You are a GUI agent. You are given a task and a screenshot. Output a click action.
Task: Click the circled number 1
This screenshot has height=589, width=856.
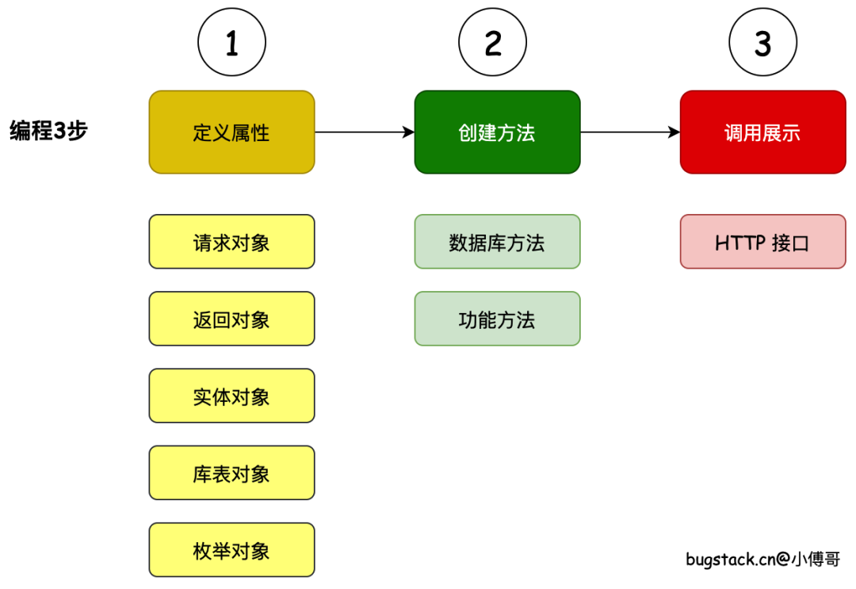(231, 44)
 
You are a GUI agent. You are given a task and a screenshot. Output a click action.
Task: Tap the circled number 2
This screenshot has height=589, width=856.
(493, 44)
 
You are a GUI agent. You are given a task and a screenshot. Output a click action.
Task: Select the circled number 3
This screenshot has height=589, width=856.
(762, 44)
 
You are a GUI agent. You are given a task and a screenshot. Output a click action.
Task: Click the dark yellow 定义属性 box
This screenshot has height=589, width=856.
(231, 132)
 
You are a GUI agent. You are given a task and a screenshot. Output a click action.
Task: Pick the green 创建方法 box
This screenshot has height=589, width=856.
(497, 132)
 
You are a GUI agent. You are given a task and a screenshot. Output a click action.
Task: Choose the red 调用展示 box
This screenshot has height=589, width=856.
(762, 132)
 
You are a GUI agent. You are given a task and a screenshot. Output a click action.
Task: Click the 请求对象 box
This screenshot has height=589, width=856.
(231, 242)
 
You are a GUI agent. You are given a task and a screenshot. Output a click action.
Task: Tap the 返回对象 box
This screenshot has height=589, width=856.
(231, 319)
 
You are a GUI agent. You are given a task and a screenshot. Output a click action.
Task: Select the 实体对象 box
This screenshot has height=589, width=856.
(231, 396)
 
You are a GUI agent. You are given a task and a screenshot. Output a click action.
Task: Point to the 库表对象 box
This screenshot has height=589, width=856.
(231, 472)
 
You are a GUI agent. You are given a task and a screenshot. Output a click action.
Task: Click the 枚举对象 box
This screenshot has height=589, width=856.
(231, 549)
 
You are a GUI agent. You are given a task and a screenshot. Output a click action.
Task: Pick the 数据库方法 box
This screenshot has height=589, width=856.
(497, 242)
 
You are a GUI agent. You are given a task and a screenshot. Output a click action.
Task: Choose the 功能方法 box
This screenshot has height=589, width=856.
(497, 319)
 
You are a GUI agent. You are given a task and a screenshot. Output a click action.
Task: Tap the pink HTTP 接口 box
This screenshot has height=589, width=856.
(762, 242)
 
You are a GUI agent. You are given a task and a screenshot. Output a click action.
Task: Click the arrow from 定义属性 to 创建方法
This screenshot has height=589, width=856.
(365, 132)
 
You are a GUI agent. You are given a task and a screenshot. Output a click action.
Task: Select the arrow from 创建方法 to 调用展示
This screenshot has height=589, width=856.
(630, 132)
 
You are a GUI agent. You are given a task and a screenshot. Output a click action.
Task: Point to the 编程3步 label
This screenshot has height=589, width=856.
(48, 131)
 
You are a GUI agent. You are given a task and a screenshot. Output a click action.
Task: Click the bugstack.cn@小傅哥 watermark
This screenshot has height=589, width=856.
(762, 560)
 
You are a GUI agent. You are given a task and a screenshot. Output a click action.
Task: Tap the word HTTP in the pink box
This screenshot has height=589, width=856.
(739, 243)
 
